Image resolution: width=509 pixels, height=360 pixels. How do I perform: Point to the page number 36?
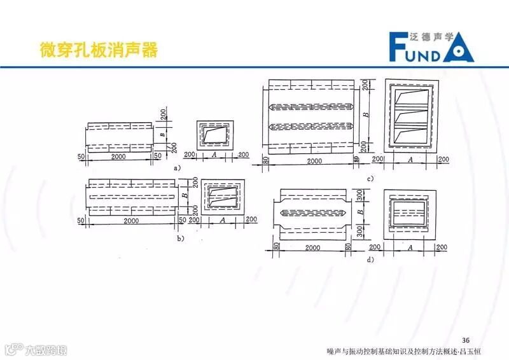[x=465, y=338]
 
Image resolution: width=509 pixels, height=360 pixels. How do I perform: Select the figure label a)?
[x=178, y=167]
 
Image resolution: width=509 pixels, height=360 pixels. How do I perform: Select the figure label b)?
[x=180, y=239]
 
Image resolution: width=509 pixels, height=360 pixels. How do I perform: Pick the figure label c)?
[x=370, y=178]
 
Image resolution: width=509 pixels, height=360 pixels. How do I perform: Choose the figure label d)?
[x=370, y=259]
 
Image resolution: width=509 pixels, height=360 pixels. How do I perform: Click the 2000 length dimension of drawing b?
[x=130, y=220]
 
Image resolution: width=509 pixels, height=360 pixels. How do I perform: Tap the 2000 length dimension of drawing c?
[x=313, y=161]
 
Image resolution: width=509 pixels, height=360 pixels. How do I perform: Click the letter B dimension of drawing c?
[x=365, y=115]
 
